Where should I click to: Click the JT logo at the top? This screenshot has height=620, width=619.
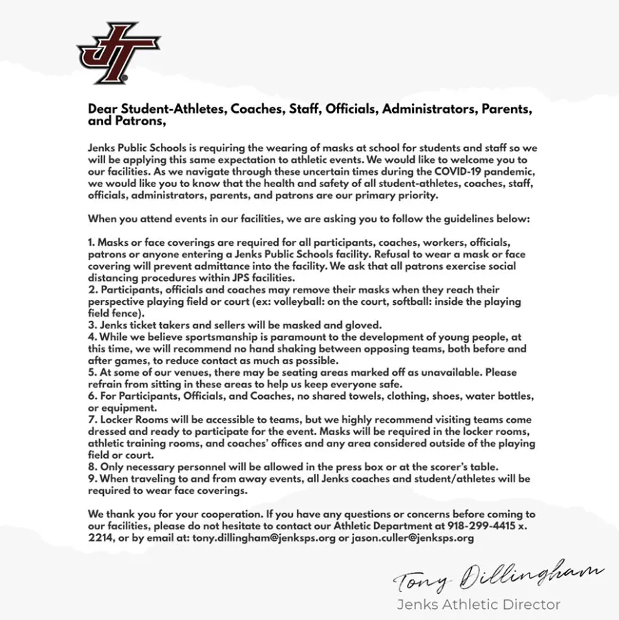pos(118,54)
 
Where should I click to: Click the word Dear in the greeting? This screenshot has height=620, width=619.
pos(102,109)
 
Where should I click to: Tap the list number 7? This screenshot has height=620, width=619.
pos(92,420)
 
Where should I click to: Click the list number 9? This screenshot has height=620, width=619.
pos(92,478)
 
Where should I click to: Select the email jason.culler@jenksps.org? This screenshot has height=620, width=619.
pos(413,538)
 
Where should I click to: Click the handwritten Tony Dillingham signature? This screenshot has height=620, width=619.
pos(499,577)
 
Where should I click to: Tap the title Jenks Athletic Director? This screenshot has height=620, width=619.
pos(478,605)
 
